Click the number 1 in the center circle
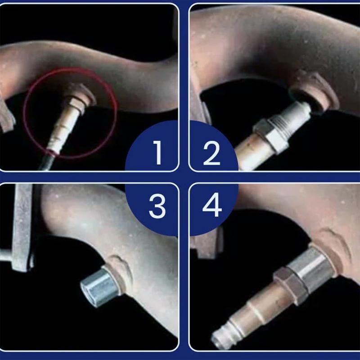(x=157, y=152)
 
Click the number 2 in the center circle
(x=211, y=152)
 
